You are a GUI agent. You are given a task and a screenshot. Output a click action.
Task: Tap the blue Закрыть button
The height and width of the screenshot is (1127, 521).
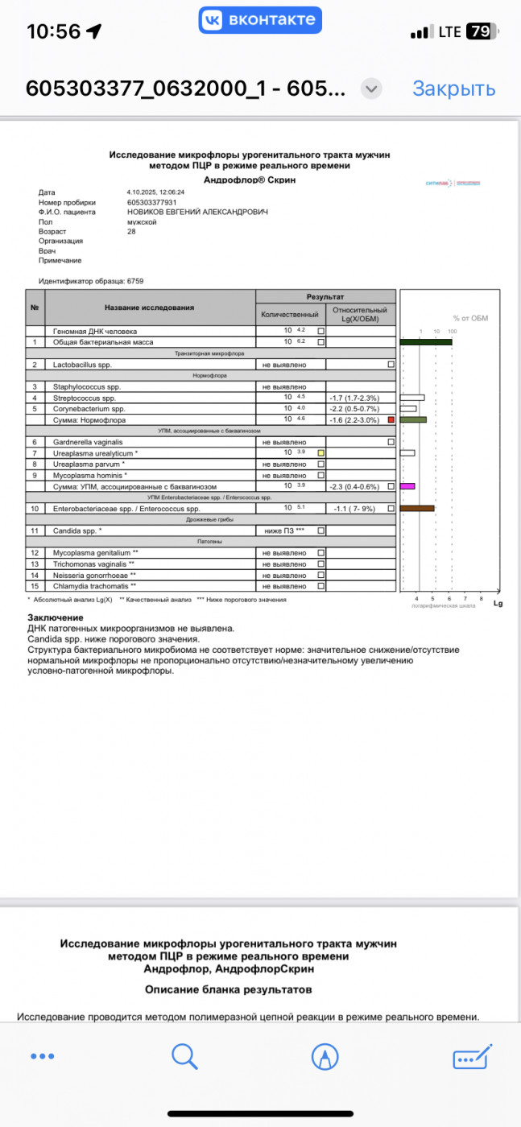point(453,89)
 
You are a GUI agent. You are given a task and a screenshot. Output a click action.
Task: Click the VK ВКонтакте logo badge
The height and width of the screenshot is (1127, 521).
point(260,19)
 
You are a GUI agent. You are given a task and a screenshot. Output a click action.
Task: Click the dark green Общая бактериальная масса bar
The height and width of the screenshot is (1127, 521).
point(426,342)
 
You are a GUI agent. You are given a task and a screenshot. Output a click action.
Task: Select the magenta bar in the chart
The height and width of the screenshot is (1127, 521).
point(407,486)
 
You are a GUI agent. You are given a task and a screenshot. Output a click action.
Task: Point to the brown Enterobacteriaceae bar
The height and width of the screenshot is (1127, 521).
point(417,508)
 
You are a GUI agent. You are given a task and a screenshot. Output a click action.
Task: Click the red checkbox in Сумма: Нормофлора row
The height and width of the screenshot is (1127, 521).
point(391,420)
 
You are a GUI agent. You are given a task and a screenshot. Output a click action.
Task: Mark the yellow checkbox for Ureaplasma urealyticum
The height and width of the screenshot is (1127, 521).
point(320,453)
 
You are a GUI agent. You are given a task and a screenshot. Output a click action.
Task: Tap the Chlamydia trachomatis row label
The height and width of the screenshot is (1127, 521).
point(95,586)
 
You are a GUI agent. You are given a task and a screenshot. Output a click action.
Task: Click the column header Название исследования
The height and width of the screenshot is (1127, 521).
point(149,308)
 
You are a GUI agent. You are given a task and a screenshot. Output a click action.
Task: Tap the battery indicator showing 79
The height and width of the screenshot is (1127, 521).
point(481,32)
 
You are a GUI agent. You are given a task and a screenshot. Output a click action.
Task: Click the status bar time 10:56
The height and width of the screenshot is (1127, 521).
point(54,32)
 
